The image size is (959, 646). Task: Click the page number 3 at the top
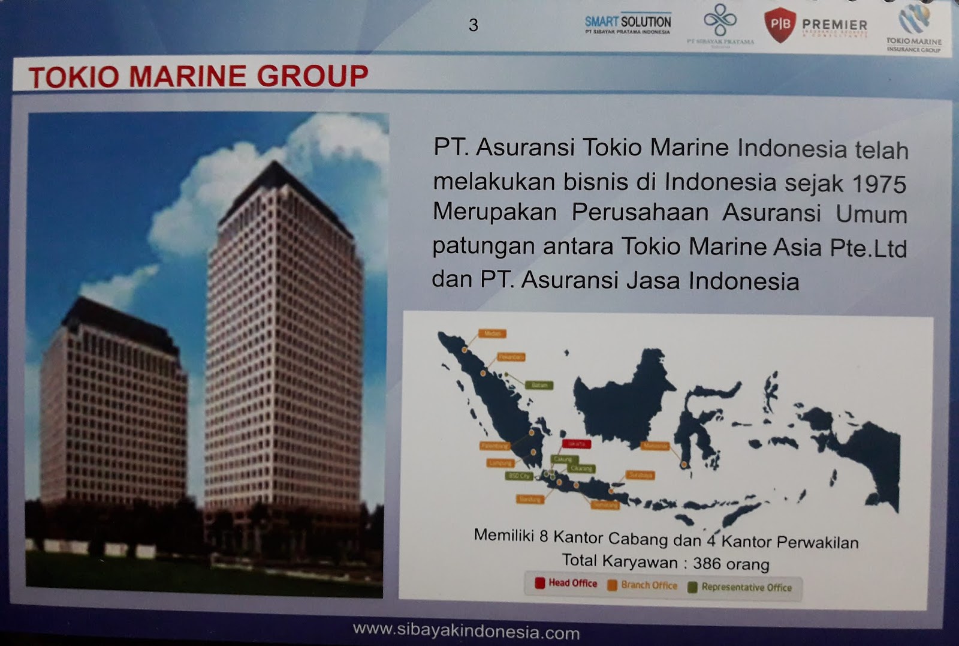pos(474,25)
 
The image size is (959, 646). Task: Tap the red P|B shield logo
pos(780,25)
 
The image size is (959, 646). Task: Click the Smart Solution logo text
pos(628,22)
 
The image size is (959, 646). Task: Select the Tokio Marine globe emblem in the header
pos(914,19)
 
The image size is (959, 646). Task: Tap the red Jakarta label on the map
pos(577,444)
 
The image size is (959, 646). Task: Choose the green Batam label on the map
pos(539,385)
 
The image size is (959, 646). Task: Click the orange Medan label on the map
pos(491,333)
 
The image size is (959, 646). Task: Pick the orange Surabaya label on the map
pos(640,475)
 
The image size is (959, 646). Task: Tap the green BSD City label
pos(519,476)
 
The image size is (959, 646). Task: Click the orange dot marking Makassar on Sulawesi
pos(684,464)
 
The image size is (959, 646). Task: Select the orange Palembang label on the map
pos(495,446)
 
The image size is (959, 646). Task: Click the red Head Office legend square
pos(539,582)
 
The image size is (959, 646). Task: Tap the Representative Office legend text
pos(746,587)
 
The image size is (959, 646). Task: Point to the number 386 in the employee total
pos(707,563)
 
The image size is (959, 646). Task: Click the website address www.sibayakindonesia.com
pos(466,632)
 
